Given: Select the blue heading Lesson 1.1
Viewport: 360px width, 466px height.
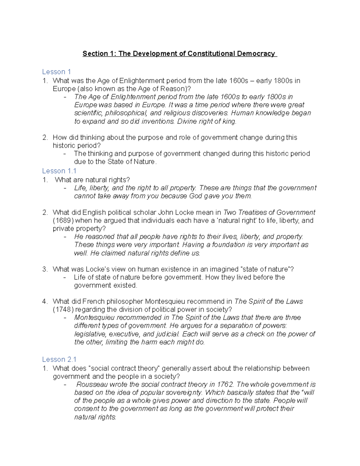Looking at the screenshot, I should click(x=59, y=171).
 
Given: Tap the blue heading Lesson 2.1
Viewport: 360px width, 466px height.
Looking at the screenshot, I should click(x=59, y=359).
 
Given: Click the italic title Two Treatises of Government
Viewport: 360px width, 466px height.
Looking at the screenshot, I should click(x=269, y=213).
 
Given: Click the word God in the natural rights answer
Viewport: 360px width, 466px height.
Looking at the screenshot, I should click(x=196, y=196).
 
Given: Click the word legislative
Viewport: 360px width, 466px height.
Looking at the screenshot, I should click(x=90, y=334).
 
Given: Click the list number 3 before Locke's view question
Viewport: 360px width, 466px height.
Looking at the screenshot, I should click(x=45, y=269).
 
